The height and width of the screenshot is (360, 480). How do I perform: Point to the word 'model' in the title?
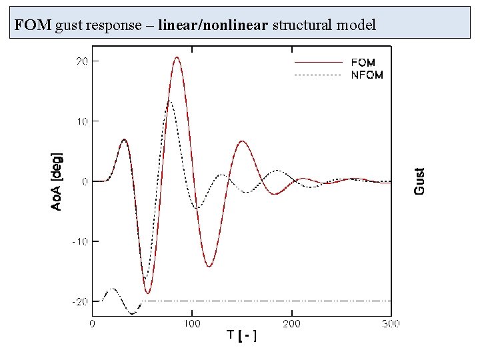tap(356, 26)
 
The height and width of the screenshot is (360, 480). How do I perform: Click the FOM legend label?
tap(363, 62)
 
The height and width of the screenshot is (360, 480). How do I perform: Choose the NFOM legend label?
tap(367, 75)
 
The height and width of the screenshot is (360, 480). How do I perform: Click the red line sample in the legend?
tap(319, 62)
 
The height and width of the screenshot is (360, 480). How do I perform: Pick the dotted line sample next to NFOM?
tap(319, 75)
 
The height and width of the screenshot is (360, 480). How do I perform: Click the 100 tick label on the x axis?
tap(192, 324)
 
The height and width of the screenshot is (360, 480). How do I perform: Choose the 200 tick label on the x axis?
tap(292, 324)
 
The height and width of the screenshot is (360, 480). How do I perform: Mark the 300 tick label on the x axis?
tap(391, 324)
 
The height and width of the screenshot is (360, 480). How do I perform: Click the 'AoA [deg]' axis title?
tap(58, 181)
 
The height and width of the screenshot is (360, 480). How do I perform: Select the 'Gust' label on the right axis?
tap(419, 181)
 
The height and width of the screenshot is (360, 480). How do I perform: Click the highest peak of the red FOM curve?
tap(177, 57)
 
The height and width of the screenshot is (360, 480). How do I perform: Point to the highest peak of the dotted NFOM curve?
tap(170, 101)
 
